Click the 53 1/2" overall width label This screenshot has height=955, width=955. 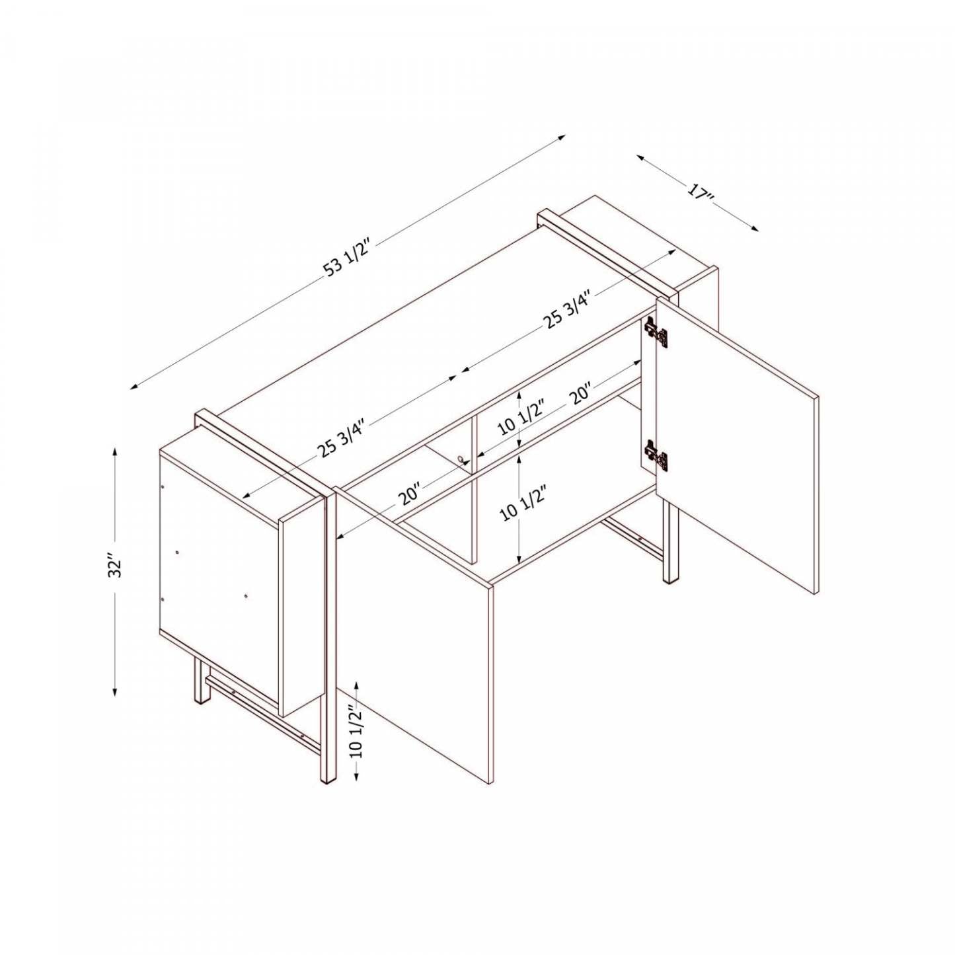pos(349,258)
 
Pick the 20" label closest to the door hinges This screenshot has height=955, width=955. pos(581,395)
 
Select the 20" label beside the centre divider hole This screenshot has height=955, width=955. pos(410,494)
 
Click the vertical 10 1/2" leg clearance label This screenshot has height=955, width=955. pos(356,731)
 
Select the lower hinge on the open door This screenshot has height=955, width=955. pos(656,456)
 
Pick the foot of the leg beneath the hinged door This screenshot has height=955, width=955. pos(670,578)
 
